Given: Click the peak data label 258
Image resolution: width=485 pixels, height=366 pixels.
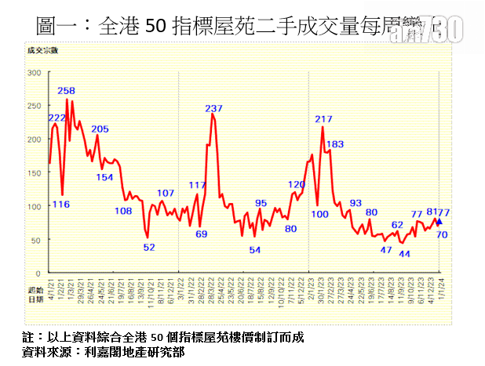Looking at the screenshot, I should click(x=67, y=91).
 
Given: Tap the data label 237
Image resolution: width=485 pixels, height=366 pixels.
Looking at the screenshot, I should click(x=213, y=108).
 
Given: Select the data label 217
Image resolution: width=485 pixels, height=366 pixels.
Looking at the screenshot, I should click(x=323, y=119).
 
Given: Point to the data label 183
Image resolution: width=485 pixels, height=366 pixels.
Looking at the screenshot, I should click(x=335, y=144).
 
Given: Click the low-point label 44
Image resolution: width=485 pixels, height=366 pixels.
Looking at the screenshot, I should click(x=405, y=254).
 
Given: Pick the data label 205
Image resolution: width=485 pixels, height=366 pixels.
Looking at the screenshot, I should click(x=100, y=129).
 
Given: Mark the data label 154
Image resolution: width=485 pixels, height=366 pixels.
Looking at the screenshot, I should click(x=104, y=177).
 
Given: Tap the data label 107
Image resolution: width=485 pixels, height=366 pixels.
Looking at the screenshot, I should click(x=166, y=193).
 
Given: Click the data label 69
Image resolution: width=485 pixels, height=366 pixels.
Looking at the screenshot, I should click(x=202, y=234).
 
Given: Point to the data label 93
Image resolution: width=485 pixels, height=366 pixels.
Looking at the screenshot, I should click(x=356, y=203).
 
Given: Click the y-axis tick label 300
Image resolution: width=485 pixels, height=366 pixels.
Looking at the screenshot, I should click(x=34, y=73).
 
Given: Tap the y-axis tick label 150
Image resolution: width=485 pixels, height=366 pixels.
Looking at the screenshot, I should click(x=34, y=173).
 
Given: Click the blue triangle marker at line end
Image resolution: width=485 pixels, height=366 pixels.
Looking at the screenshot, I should click(x=439, y=222).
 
